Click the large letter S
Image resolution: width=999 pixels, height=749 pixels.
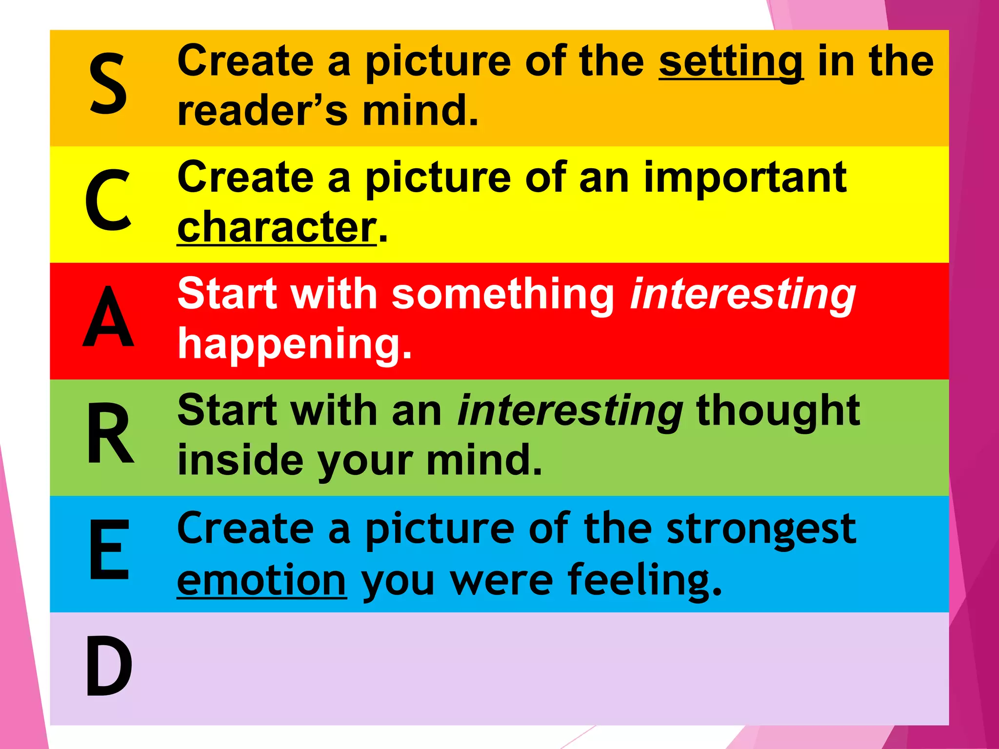tap(108, 84)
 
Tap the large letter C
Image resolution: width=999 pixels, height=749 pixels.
tap(108, 200)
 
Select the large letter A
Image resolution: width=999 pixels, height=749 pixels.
tap(108, 317)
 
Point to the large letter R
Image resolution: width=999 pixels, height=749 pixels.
tap(110, 434)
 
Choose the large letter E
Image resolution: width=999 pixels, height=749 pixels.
tap(109, 550)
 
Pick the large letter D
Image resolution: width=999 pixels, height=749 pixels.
tap(109, 667)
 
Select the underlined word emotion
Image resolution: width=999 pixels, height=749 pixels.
tap(261, 580)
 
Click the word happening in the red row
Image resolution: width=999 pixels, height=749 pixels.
tap(294, 344)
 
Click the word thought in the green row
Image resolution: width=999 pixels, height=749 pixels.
tap(778, 411)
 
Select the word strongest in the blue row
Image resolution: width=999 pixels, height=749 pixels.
tap(761, 530)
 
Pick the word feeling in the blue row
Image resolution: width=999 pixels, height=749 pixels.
tap(644, 580)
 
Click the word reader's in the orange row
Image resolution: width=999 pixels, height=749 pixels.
tap(262, 111)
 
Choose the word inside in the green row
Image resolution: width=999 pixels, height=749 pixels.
tap(240, 460)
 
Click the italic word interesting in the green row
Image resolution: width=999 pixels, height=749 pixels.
tap(570, 411)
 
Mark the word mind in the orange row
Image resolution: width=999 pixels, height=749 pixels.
tap(420, 111)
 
